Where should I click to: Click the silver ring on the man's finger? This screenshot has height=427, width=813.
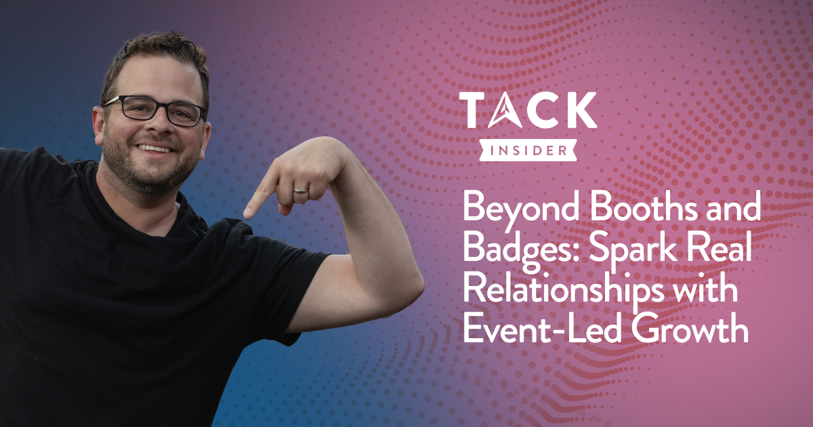(x=301, y=190)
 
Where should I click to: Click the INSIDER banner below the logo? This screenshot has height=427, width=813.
(x=528, y=150)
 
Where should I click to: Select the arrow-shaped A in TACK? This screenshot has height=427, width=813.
(x=505, y=110)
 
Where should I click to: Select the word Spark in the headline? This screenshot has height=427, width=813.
(x=633, y=251)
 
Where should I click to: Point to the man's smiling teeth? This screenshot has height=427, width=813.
(x=154, y=148)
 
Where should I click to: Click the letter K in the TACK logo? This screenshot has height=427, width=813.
(x=577, y=110)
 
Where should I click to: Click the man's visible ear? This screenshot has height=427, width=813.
(x=99, y=126)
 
